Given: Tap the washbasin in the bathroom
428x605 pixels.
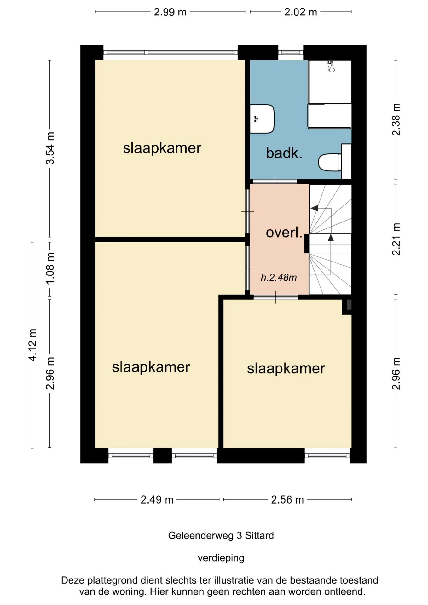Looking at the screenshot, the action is click(262, 119).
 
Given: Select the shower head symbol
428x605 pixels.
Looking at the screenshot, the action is click(331, 66).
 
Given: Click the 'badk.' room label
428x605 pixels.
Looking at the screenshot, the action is click(284, 153).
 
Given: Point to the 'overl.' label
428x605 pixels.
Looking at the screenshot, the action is click(284, 233).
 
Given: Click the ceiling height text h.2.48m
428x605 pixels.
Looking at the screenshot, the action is click(279, 277).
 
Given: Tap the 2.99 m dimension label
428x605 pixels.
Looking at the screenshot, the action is click(170, 12).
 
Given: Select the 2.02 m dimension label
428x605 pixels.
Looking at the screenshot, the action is click(301, 12).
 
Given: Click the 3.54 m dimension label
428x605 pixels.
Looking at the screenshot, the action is click(50, 148).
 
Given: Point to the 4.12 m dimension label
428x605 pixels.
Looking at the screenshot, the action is click(32, 345).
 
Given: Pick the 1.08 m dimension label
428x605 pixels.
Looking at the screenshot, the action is click(50, 268).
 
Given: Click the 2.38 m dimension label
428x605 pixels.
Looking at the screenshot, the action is click(396, 119).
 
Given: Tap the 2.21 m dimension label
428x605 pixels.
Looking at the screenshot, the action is click(396, 239).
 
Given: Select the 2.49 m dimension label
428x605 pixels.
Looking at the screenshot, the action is click(157, 499).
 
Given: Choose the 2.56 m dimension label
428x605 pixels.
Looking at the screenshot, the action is click(287, 499).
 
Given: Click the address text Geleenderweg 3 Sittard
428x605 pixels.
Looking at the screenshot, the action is click(221, 535).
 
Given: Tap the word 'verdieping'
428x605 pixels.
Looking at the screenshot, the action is click(221, 558).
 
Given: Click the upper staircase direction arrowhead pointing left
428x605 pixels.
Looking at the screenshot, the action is click(314, 208).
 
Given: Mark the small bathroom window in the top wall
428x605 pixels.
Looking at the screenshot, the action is click(291, 53).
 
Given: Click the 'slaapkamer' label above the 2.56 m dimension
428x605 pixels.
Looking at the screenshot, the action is click(286, 369).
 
